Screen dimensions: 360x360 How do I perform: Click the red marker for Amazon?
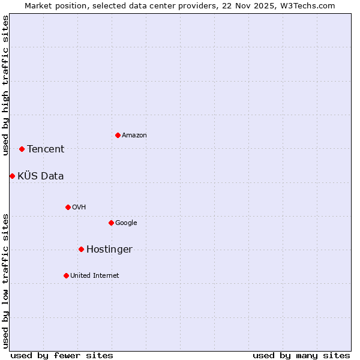tap(118, 135)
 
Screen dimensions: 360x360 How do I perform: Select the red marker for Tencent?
tap(22, 149)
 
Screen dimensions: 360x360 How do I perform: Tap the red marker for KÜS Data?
tap(12, 176)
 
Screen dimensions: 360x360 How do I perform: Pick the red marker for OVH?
tap(68, 207)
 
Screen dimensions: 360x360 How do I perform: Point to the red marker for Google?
tap(111, 223)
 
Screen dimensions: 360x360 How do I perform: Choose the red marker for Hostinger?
tap(81, 249)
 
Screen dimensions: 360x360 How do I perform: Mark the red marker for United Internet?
tap(66, 275)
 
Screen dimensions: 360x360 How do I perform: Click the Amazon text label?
tap(134, 136)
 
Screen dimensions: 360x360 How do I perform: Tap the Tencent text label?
tap(46, 149)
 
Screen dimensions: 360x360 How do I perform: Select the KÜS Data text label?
tap(41, 176)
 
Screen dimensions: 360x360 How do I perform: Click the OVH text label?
tap(79, 208)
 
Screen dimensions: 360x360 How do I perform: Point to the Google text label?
tap(126, 223)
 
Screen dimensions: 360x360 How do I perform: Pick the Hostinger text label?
tap(109, 250)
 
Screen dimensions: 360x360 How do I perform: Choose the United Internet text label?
tap(95, 276)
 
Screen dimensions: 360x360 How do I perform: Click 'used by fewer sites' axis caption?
tap(62, 355)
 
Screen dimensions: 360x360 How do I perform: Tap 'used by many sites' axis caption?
tap(301, 355)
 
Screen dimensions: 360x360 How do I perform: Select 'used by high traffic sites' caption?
tap(6, 85)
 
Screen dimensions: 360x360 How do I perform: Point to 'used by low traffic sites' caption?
tap(6, 281)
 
